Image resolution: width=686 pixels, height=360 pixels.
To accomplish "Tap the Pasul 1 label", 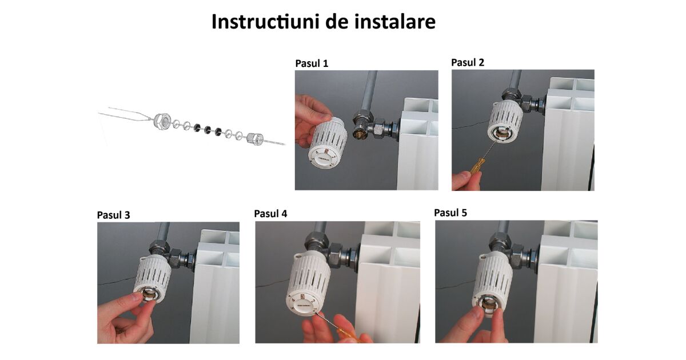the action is (x=312, y=63).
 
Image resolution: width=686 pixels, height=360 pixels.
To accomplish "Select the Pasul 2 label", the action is (x=468, y=62).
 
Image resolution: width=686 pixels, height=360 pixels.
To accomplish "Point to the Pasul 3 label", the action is (x=113, y=215).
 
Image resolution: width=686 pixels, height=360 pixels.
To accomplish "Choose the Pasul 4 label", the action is (x=271, y=214).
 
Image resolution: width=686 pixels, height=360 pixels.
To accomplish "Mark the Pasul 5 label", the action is (x=450, y=213).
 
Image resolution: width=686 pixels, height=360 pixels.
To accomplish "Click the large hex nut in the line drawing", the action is (x=162, y=121).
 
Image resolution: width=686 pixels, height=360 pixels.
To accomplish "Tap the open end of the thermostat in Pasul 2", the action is (x=503, y=134).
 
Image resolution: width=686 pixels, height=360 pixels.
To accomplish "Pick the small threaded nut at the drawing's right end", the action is (x=255, y=138).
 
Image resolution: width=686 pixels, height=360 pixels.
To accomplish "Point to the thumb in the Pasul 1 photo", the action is (x=317, y=117).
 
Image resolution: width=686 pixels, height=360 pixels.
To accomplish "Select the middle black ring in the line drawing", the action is (x=208, y=130).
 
